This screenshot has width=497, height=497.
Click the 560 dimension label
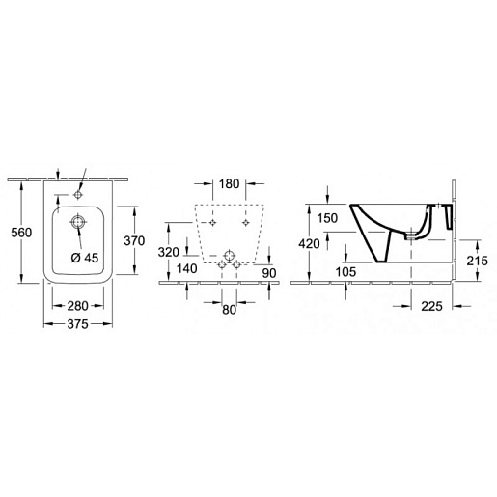coord(21,233)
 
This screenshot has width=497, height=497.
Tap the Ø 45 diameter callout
coord(85,258)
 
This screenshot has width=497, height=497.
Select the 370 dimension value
coord(134,240)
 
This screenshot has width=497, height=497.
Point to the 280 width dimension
coord(77,306)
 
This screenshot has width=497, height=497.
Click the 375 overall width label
coord(77,324)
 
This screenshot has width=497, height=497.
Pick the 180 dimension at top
coord(229,184)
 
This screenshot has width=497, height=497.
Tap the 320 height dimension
coord(168,252)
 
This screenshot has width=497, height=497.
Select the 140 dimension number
coord(187,268)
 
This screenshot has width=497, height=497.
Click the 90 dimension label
coord(269,273)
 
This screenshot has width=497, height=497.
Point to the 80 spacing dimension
coord(229,310)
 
